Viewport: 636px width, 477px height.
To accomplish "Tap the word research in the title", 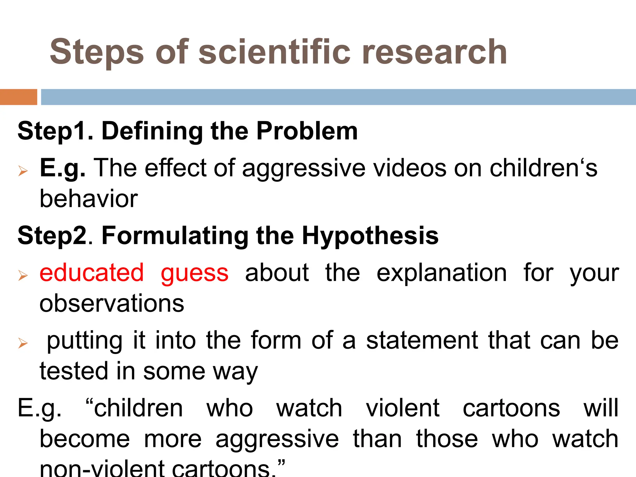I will point(434,52).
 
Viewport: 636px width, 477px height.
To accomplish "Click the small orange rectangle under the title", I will point(18,97).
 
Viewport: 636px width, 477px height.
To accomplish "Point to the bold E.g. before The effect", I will point(62,168).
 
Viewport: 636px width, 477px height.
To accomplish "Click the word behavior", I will point(89,199).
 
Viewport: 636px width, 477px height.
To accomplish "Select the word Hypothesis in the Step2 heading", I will point(370,236).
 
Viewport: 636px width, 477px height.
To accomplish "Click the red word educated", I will point(92,273).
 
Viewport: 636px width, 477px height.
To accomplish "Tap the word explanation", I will point(442,273).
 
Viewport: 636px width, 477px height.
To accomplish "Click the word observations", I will point(112,303).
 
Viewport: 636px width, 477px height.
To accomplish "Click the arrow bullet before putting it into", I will point(23,343).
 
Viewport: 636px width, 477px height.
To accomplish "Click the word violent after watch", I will point(403,408).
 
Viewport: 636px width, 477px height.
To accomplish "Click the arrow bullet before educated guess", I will point(23,275).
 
